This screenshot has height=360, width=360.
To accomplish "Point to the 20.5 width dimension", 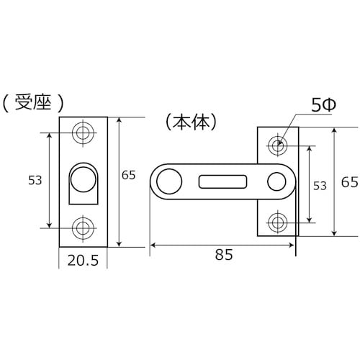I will click(x=83, y=261).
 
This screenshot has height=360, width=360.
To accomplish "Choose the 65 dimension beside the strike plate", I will click(x=129, y=175).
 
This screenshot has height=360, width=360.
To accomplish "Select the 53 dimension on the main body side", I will click(x=320, y=185).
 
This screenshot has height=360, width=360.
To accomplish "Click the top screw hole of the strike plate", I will click(x=83, y=133).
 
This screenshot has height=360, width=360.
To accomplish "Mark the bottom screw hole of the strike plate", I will click(x=83, y=228).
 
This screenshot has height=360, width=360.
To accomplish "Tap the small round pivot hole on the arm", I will click(x=276, y=181).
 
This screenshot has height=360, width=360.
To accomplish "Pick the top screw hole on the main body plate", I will click(x=277, y=144).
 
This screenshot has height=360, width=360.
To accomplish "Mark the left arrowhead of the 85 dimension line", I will click(x=153, y=245).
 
